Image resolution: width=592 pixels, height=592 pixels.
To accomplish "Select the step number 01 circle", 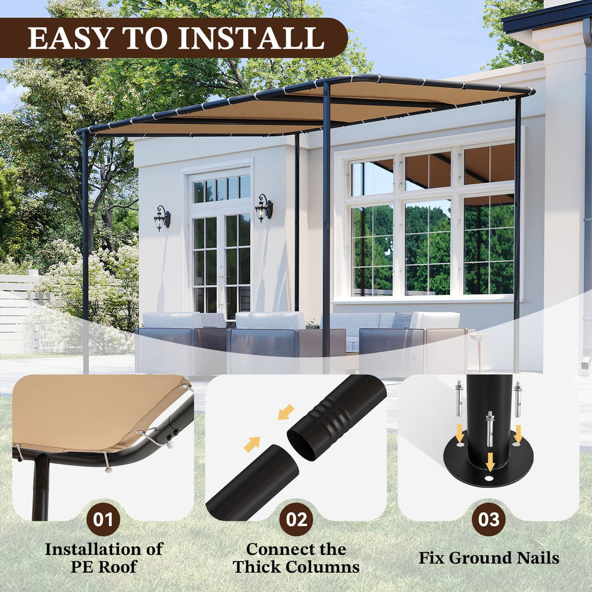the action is point(103,520).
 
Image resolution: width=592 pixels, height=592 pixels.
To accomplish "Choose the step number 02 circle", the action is point(296,520).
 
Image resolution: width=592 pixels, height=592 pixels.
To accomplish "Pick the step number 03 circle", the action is point(489,520).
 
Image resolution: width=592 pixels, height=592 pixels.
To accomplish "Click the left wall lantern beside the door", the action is point(162,218).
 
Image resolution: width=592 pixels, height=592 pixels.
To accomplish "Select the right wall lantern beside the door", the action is point(264,208).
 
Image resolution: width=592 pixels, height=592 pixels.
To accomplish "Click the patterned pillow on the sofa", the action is point(402,320).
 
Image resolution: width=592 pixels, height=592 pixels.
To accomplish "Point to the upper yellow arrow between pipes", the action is point(286,412).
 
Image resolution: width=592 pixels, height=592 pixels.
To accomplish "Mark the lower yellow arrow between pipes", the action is point(252,445).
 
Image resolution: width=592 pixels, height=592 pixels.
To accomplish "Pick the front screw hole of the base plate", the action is point(489,478).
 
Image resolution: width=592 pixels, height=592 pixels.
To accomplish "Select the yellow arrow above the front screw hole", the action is point(490,462).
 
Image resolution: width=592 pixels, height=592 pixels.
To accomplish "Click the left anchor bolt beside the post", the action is point(459,398).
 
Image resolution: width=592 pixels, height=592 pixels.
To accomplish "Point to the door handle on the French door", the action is point(220,287).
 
